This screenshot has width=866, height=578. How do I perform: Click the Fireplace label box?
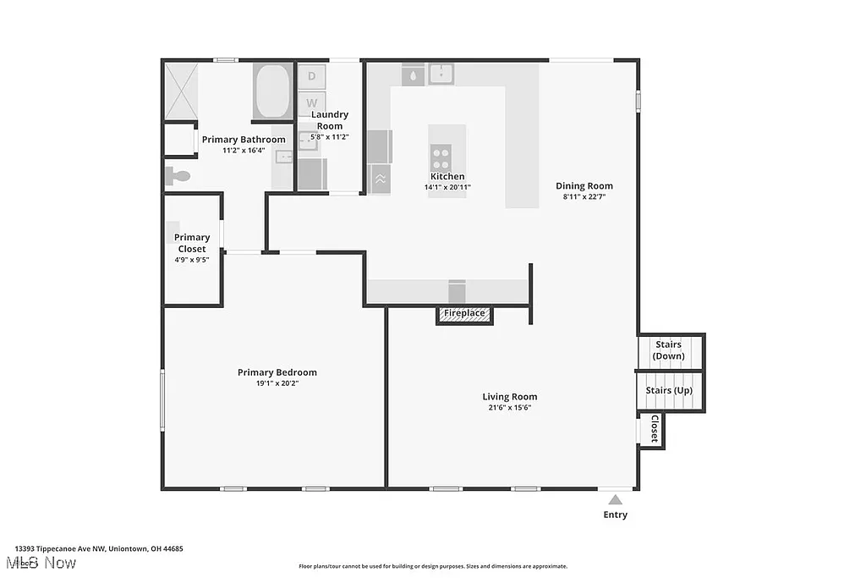coord(464,314)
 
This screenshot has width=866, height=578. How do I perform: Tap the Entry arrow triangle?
coord(616,499)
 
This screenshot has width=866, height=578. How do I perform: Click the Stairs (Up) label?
coord(669,390)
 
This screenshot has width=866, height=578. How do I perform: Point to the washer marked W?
coord(311,102)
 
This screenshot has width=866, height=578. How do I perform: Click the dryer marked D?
coord(311,76)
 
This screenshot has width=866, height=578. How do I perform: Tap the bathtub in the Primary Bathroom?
coord(271,91)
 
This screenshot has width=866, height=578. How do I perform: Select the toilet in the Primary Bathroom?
coord(177,176)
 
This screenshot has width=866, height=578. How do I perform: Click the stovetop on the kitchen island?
coord(441,158)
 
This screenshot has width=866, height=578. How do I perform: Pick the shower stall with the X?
coord(179,90)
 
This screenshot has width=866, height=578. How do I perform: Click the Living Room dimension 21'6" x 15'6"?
coord(509,407)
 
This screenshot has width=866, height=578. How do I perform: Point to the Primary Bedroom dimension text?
coord(277,383)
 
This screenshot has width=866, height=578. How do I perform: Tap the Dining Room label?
coord(584,186)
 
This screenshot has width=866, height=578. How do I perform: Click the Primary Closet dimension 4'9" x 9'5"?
coord(192,260)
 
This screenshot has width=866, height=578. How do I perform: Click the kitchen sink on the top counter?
coord(441,74)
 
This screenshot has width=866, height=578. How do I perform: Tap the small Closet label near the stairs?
coord(654,429)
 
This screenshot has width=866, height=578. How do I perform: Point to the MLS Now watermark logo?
coord(41,563)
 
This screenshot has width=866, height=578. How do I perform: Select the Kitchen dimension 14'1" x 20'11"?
coord(447,187)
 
